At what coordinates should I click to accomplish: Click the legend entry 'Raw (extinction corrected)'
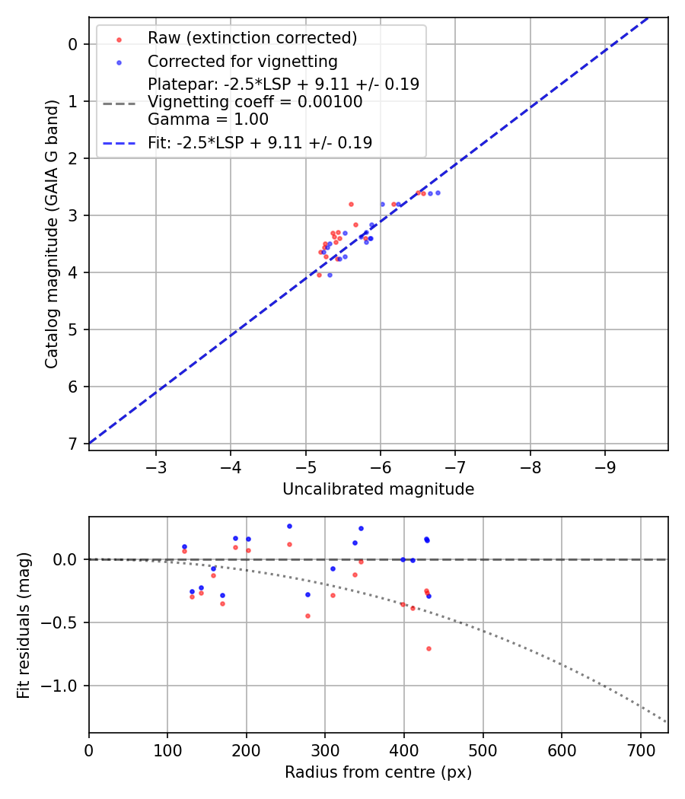click(x=252, y=38)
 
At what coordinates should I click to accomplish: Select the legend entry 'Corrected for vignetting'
click(x=243, y=61)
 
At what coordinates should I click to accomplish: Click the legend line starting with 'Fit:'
click(x=260, y=142)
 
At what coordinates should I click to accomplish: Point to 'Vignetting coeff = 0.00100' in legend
click(x=255, y=102)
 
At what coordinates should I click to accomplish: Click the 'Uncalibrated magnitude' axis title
click(x=378, y=489)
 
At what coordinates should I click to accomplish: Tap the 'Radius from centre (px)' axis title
click(x=378, y=772)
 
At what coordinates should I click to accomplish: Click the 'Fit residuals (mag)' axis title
click(x=24, y=625)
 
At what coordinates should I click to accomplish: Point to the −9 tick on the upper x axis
click(x=605, y=464)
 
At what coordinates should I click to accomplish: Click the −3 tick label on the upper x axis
click(x=156, y=464)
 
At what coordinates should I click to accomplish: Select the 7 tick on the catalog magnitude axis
click(x=73, y=444)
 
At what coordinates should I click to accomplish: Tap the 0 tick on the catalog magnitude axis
click(x=73, y=44)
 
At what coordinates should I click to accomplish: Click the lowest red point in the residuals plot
click(x=429, y=648)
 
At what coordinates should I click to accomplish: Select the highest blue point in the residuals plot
click(x=289, y=526)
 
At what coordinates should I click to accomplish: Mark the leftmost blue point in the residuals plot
click(x=184, y=546)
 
